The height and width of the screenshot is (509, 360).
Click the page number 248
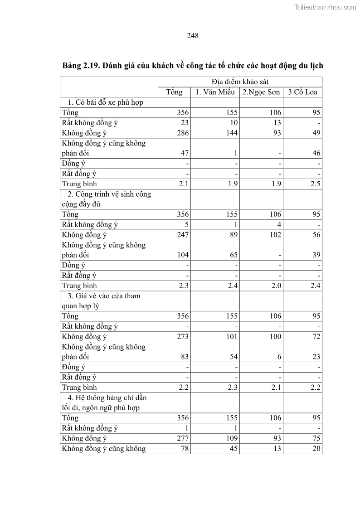click(193, 35)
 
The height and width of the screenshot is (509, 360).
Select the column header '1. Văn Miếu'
click(215, 92)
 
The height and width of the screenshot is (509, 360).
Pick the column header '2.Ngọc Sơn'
click(261, 92)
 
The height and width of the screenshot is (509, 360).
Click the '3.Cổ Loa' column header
click(302, 92)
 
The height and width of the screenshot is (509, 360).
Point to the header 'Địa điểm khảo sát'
click(240, 82)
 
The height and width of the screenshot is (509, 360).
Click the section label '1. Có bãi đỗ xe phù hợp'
click(105, 102)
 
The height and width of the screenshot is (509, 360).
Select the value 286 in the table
click(183, 133)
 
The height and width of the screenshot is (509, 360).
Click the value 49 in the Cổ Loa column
click(316, 133)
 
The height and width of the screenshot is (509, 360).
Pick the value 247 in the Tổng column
click(183, 235)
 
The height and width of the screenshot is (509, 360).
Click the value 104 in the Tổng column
click(183, 255)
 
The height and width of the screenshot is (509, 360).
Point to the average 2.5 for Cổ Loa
click(316, 184)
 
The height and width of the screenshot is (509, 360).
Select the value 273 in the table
click(183, 336)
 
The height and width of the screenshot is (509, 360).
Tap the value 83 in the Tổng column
click(185, 357)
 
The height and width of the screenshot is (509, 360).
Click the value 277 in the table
click(183, 438)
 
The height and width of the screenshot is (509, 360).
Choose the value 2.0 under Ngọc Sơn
click(276, 286)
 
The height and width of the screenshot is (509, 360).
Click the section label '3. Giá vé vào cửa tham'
click(104, 296)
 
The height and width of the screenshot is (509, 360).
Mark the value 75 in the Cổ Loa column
click(316, 438)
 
